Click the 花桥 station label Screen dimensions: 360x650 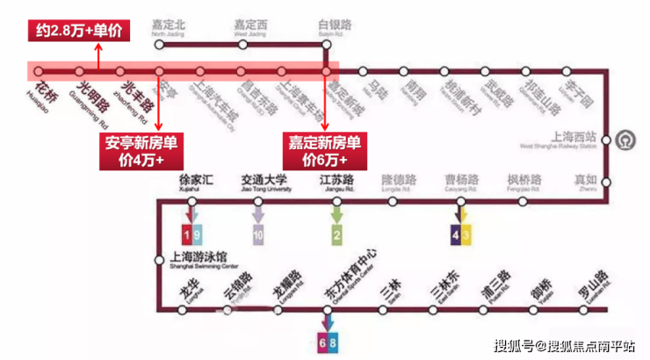(x=46, y=91)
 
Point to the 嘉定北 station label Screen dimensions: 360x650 (x=169, y=26)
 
